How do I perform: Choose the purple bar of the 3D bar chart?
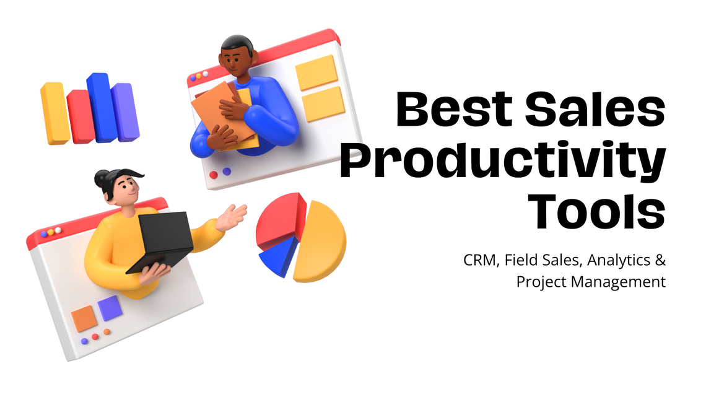(x=124, y=111)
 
